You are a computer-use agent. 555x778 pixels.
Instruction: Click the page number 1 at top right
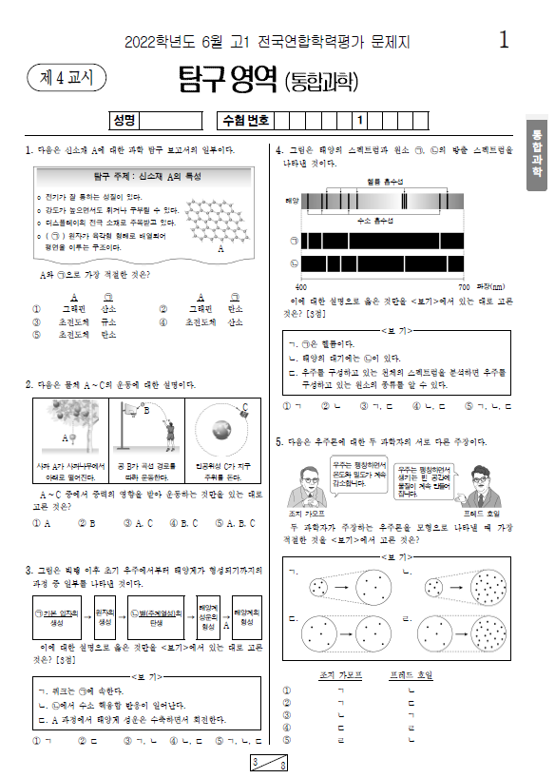[504, 40]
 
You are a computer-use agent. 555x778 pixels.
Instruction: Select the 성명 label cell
[124, 121]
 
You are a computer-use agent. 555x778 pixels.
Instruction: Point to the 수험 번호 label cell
[245, 121]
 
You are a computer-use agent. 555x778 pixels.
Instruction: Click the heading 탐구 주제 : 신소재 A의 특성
[133, 177]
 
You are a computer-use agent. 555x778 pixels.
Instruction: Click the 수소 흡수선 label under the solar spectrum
[375, 220]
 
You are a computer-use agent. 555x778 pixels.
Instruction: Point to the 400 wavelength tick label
[301, 285]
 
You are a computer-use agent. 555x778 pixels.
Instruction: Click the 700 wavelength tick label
[464, 285]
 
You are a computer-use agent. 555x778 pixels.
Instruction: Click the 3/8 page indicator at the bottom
[270, 763]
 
